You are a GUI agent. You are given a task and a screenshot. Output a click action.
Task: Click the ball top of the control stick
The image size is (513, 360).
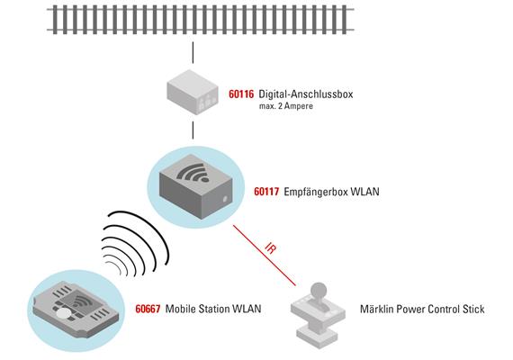coord(318,291)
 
